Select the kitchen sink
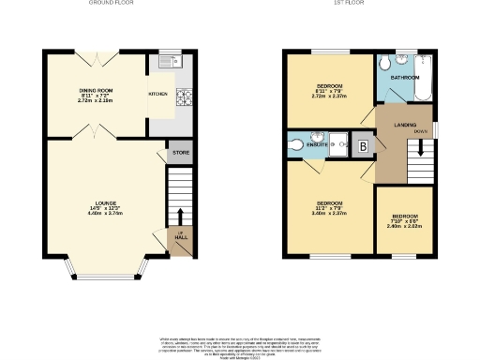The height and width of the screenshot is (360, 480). click(170, 63)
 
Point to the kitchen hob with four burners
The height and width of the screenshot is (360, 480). click(183, 94)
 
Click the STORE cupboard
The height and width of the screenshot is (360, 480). click(178, 153)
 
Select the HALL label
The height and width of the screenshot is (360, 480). click(180, 237)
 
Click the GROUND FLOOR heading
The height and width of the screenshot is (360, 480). click(112, 4)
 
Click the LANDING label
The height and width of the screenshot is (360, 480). click(404, 125)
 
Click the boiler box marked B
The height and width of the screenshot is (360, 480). click(363, 146)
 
